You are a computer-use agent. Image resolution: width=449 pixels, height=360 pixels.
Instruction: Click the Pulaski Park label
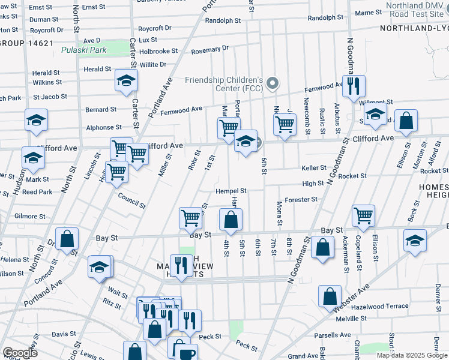84,50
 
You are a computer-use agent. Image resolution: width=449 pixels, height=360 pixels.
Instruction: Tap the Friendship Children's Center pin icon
273,83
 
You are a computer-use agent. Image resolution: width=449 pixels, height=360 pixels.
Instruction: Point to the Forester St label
301,199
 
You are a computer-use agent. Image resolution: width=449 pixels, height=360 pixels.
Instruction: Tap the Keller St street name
314,168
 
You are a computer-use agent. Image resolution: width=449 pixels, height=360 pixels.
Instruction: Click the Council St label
131,200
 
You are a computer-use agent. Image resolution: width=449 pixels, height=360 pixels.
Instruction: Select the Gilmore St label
30,216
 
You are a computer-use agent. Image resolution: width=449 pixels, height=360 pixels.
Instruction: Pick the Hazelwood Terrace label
380,306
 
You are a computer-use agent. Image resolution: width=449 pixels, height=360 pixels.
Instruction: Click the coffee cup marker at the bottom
179,349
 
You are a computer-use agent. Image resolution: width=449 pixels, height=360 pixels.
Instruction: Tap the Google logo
20,353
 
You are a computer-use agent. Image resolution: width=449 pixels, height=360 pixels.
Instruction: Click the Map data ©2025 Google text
412,355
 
